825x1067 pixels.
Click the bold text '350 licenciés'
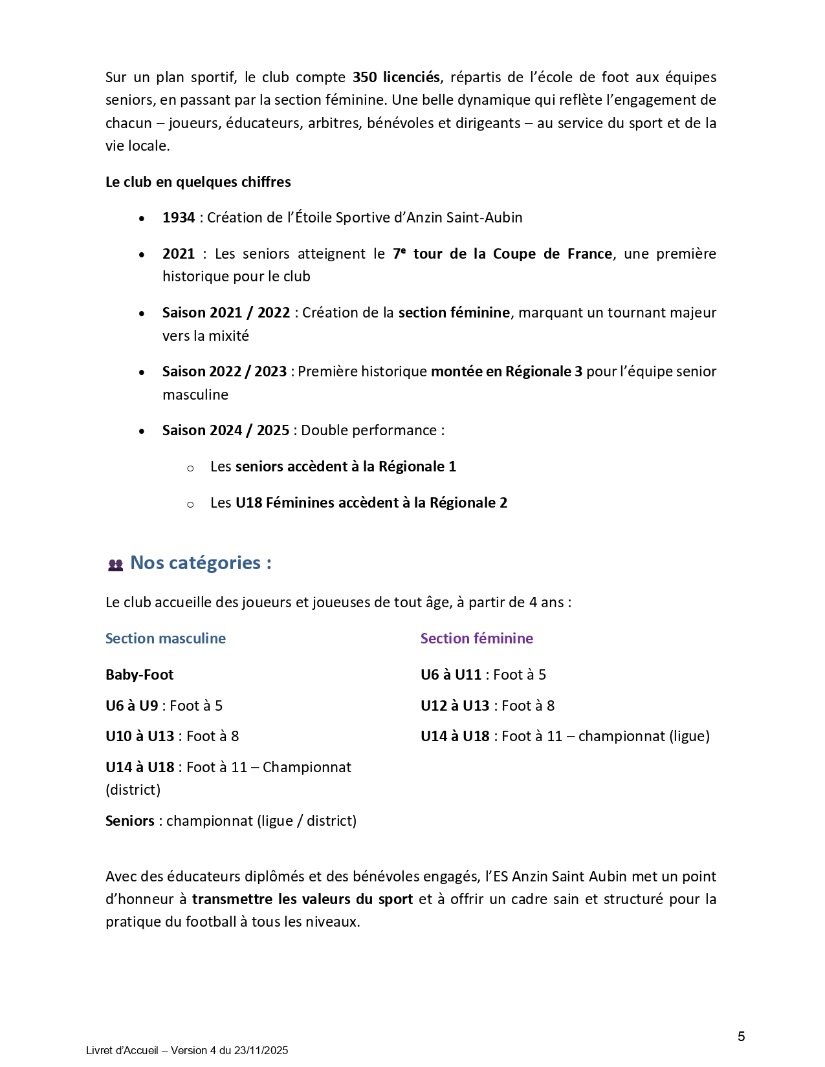[x=396, y=78]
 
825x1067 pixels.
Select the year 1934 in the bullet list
[x=179, y=218]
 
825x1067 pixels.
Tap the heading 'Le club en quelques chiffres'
[x=198, y=182]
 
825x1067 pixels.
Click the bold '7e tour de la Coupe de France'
[x=502, y=254]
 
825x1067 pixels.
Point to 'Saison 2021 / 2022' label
[x=226, y=313]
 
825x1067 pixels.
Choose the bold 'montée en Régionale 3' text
[x=507, y=372]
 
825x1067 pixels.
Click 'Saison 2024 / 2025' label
[x=226, y=431]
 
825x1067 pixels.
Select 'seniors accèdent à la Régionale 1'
[x=346, y=467]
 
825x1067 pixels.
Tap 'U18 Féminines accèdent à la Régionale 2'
[x=371, y=503]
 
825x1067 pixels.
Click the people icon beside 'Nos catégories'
[x=115, y=565]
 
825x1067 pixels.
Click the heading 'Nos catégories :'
[x=201, y=563]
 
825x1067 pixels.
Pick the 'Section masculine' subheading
[x=166, y=639]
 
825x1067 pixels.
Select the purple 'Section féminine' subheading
[x=477, y=639]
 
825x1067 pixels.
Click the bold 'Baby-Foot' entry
[x=140, y=675]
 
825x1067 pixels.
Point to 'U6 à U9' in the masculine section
[x=132, y=706]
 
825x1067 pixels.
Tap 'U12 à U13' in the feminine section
[x=455, y=706]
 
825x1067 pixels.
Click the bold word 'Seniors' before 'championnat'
[x=130, y=821]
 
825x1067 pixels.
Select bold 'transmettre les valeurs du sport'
[x=302, y=900]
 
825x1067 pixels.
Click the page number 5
[x=742, y=1037]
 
